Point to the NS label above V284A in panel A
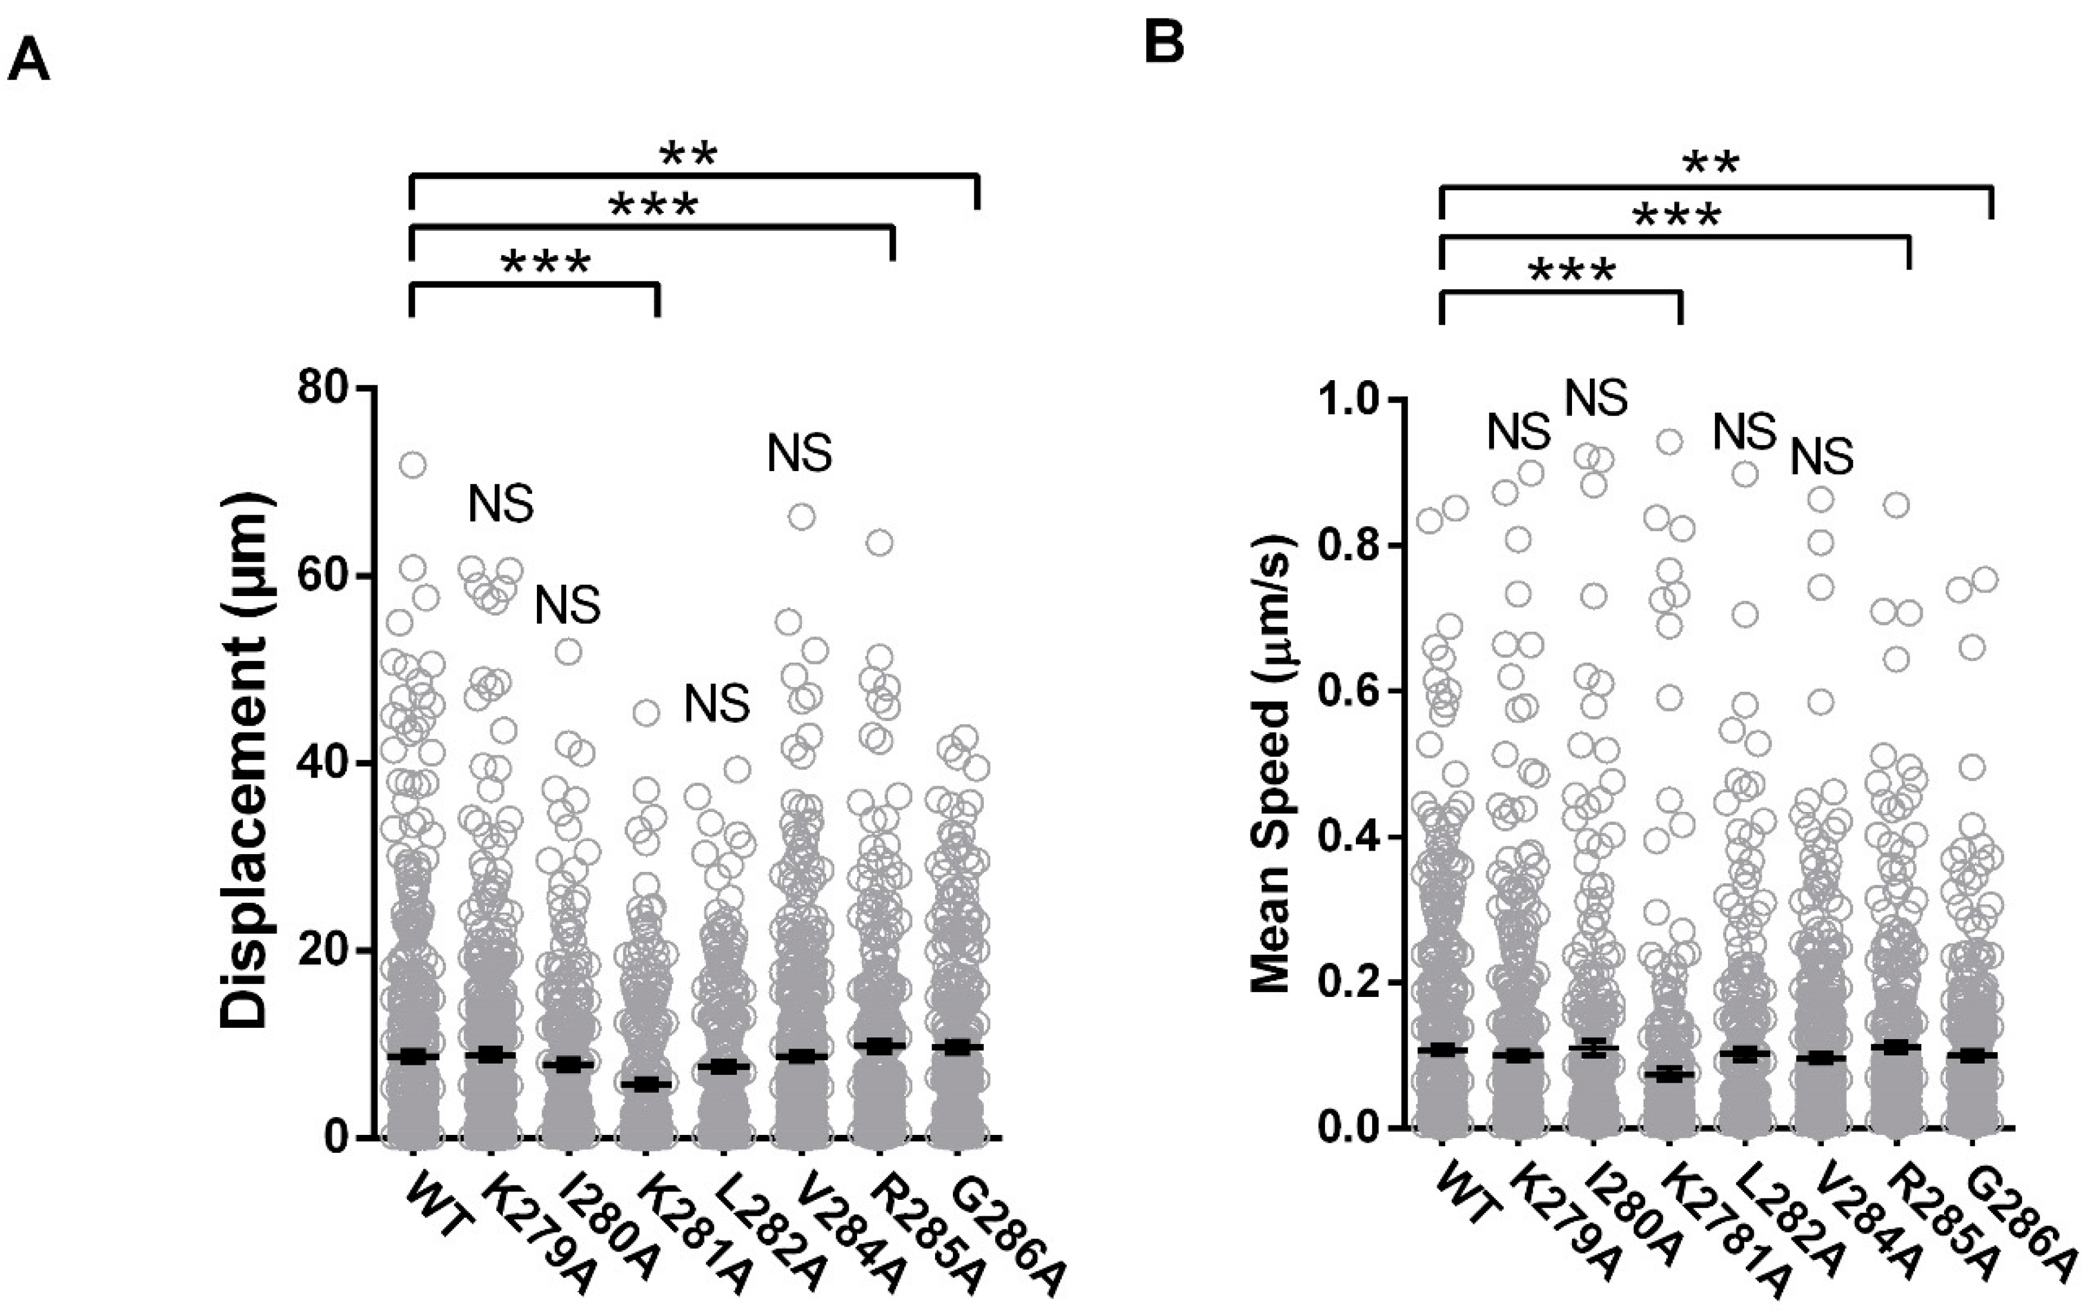[x=799, y=453]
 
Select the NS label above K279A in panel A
[x=501, y=504]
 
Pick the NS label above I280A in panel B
[x=1595, y=398]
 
